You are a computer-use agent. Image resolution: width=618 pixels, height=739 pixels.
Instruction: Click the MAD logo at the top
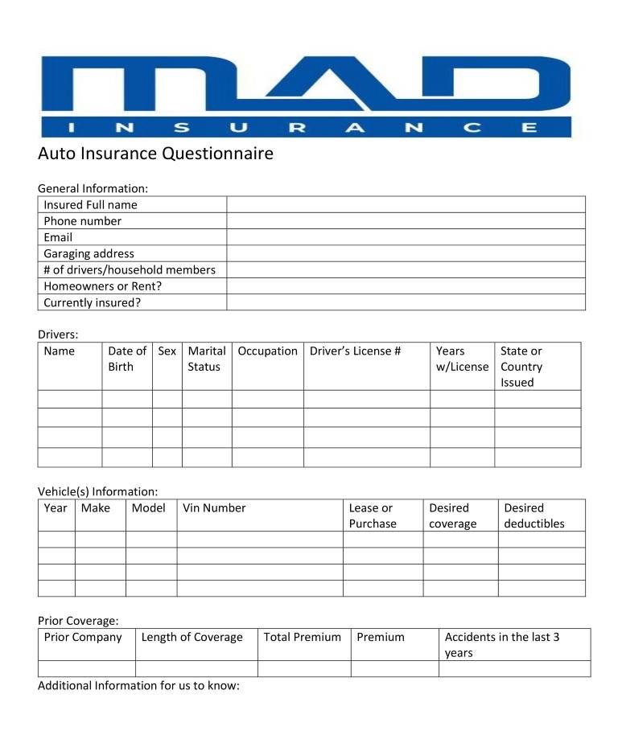point(306,95)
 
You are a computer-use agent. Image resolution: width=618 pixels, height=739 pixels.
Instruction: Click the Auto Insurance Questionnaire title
point(155,153)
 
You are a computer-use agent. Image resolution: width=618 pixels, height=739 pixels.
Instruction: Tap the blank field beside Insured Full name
point(406,204)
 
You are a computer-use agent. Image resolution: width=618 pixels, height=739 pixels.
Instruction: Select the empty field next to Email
point(406,237)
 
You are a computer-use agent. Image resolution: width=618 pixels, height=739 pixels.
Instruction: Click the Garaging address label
point(89,253)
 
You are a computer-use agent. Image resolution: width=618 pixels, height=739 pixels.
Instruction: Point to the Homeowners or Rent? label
point(103,285)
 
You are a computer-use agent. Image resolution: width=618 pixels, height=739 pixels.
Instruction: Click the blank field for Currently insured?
point(406,302)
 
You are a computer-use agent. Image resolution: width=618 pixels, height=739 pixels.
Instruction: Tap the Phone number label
point(82,221)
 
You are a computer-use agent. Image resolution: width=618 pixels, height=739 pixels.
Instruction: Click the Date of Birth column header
point(126,359)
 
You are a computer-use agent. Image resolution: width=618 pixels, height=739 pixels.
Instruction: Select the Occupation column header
point(267,351)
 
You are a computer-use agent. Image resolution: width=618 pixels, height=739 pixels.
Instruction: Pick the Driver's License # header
point(355,351)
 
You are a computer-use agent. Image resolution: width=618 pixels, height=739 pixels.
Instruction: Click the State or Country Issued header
point(521,367)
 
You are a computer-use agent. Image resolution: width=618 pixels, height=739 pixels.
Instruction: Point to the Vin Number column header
point(214,507)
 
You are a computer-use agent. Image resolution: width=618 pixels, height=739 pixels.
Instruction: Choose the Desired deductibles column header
point(534,515)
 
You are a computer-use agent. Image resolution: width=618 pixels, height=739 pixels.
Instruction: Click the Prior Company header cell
point(83,637)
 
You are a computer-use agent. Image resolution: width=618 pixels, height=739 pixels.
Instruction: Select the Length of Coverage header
point(192,637)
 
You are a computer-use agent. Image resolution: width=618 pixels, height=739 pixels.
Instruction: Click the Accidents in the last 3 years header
point(502,644)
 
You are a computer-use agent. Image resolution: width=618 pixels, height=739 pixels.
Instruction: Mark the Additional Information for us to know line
point(139,686)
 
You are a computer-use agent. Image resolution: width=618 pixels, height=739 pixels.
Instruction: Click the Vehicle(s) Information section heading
point(97,491)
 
